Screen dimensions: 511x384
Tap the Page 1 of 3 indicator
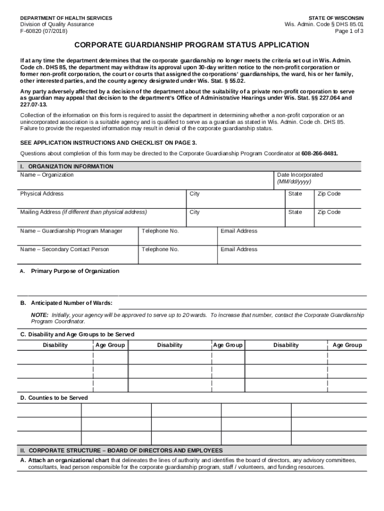tap(350, 31)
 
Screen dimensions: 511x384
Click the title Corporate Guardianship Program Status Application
tap(192, 45)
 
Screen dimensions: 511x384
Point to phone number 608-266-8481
tap(320, 153)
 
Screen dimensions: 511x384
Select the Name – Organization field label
tap(47, 175)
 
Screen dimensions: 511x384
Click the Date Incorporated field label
tap(300, 175)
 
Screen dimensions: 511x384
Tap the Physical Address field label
tap(42, 194)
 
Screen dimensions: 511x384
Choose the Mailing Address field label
tap(83, 212)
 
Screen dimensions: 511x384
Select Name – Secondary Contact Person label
tap(64, 249)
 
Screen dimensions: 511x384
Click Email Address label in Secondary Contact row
tap(239, 249)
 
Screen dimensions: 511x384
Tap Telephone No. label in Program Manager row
tap(160, 231)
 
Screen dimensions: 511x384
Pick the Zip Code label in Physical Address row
tap(329, 194)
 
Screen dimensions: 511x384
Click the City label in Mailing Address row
tap(194, 212)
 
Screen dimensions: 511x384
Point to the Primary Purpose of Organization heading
tap(75, 271)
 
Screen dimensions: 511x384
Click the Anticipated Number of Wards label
tap(71, 303)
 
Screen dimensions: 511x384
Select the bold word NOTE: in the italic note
tap(39, 315)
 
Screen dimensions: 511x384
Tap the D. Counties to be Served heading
tap(54, 398)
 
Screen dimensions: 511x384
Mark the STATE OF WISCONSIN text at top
tap(336, 18)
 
